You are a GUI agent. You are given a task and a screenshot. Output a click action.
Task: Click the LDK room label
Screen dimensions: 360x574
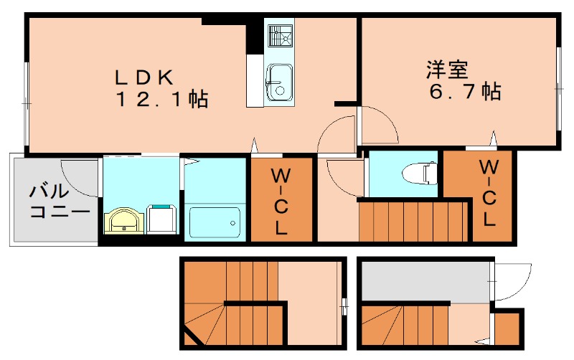(147, 75)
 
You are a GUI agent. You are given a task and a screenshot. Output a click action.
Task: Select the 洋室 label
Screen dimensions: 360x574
(447, 70)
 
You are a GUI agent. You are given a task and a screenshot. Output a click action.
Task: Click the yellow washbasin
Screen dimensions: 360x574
(125, 220)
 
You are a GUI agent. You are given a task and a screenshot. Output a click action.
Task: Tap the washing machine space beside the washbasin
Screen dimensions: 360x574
(162, 219)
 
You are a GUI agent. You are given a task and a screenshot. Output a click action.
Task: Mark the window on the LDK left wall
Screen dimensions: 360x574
(26, 104)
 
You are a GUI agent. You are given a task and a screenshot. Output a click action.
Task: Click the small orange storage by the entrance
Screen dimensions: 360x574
(509, 328)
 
